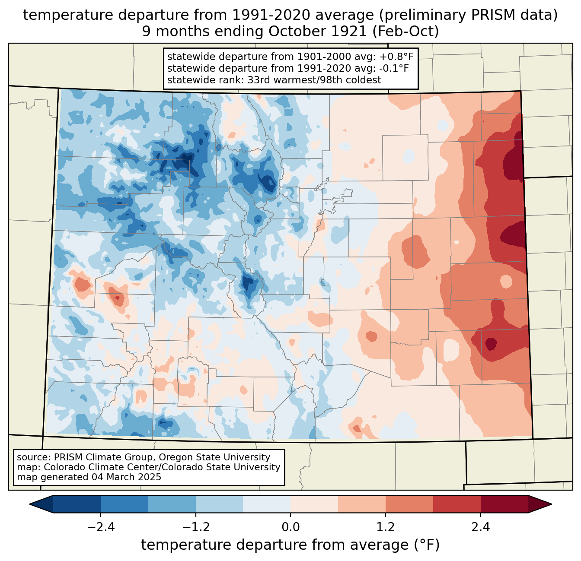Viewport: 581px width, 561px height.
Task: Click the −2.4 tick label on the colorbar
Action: pyautogui.click(x=100, y=527)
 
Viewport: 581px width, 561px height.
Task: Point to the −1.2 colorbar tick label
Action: pyautogui.click(x=195, y=527)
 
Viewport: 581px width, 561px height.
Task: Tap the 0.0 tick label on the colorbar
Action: pyautogui.click(x=290, y=527)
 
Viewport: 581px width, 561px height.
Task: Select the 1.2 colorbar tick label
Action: pyautogui.click(x=386, y=527)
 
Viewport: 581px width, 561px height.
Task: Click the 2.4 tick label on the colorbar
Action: pyautogui.click(x=481, y=527)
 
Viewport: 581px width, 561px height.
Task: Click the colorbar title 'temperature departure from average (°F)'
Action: pyautogui.click(x=290, y=545)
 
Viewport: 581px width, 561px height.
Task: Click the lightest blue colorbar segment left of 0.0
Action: pyautogui.click(x=267, y=504)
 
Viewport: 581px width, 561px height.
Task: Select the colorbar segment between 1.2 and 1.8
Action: pyautogui.click(x=409, y=504)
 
